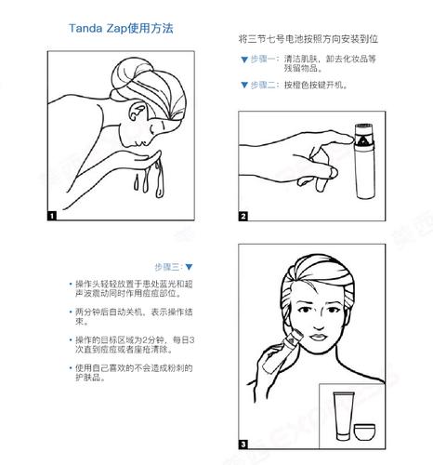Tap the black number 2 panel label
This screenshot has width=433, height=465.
[243, 217]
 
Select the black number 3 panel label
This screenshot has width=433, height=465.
[243, 444]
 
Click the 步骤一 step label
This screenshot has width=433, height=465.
[263, 60]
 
